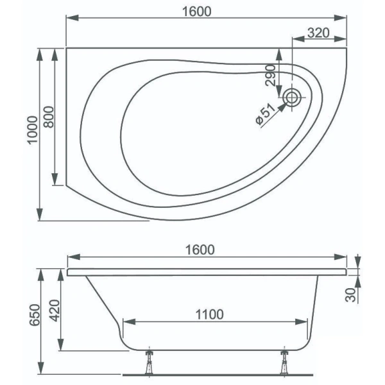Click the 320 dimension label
[x=319, y=33]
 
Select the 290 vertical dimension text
[x=270, y=76]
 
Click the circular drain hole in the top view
[x=293, y=98]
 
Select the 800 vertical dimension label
[x=49, y=116]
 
